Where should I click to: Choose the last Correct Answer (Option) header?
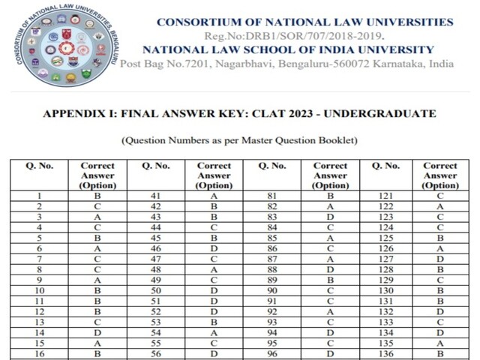point(440,175)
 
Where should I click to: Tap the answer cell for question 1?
point(97,196)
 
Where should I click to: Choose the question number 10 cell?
point(38,290)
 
